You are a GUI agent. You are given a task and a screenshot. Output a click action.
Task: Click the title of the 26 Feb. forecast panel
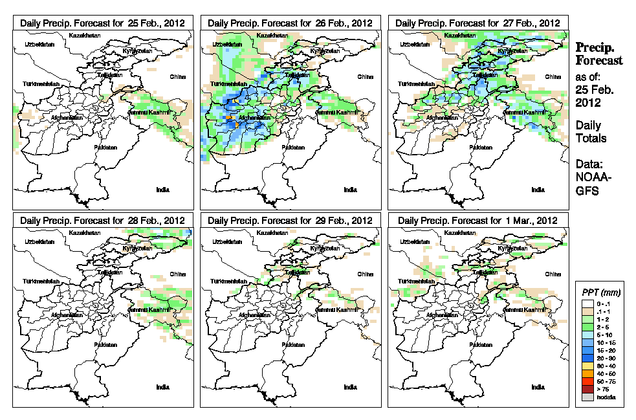coord(291,23)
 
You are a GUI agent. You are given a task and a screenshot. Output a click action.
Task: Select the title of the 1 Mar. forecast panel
coord(478,220)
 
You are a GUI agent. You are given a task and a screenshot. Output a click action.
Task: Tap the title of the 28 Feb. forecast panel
coord(103,220)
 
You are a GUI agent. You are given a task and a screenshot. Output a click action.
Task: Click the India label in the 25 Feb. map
coord(163,189)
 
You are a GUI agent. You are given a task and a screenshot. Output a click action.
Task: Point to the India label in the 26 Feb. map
coord(350,189)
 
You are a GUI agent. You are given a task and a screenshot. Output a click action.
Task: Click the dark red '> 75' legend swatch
coord(587,389)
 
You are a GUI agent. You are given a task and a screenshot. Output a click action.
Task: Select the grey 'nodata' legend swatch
coord(587,397)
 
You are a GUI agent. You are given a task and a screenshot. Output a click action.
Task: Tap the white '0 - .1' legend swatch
coord(587,304)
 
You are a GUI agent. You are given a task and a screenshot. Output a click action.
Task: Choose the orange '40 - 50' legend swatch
coord(587,373)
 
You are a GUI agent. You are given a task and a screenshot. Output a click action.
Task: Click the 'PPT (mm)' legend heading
coord(598,293)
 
